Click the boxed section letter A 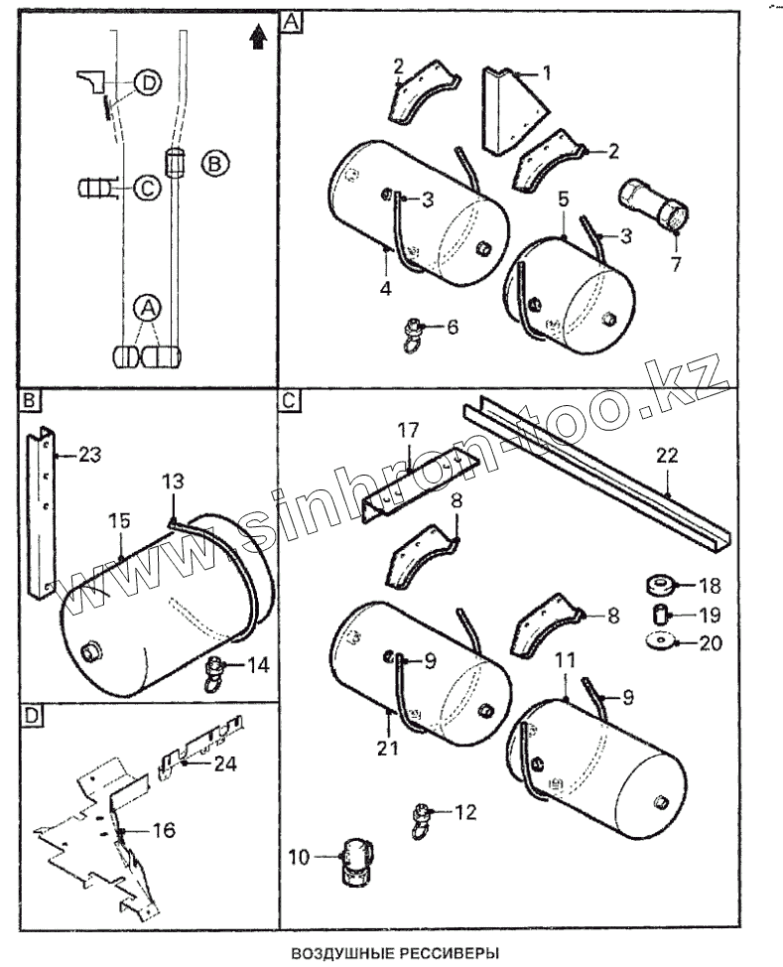point(290,22)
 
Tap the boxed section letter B point(30,399)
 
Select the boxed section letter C point(289,399)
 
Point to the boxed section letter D point(30,713)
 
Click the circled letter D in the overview point(147,83)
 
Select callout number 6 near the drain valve point(453,327)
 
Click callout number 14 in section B point(258,664)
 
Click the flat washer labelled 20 point(655,641)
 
